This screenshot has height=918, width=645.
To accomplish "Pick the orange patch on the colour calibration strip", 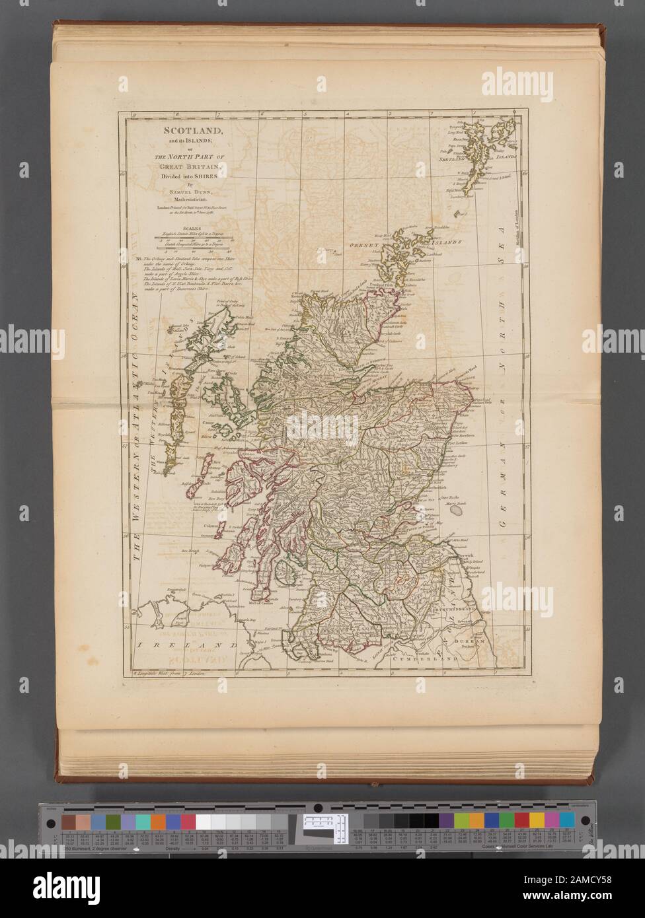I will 158,821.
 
